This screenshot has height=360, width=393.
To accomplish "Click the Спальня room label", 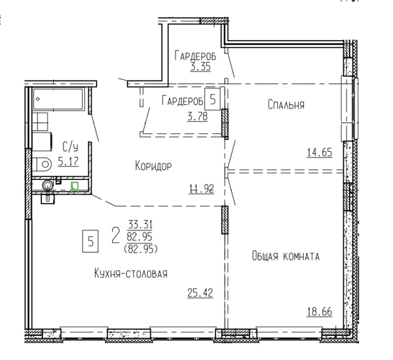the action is tap(286, 105).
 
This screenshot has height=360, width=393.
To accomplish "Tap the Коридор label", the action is tap(153, 166).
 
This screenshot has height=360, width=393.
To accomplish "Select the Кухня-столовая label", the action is tap(131, 274).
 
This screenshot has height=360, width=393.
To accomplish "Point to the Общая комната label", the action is tap(286, 257).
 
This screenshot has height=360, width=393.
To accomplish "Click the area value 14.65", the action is tap(320, 153).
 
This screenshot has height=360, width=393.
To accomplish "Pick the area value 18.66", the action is tap(320, 312).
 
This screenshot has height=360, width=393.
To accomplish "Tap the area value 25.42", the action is tap(200, 293).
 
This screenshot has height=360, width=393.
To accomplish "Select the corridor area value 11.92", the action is tap(201, 189).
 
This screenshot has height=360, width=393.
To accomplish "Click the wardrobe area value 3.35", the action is tap(200, 67).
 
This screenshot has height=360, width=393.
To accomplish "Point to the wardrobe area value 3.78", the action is tap(198, 117).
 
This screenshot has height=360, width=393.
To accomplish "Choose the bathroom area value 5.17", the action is tap(68, 161).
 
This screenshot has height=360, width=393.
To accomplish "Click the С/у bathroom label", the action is tap(70, 147).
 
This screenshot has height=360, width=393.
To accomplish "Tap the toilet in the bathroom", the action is tap(42, 164).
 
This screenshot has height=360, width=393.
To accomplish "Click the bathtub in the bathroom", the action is tap(58, 99).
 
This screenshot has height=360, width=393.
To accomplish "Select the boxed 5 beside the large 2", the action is tap(90, 242).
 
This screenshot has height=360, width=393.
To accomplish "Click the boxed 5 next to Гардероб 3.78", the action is tap(212, 99).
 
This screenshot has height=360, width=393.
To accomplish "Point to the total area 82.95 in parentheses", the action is tap(141, 249).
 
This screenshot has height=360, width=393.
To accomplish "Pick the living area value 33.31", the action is tap(140, 225).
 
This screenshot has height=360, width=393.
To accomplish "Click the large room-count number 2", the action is tap(115, 236).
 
